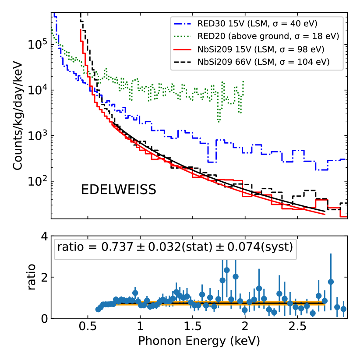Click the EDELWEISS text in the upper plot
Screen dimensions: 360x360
[119, 190]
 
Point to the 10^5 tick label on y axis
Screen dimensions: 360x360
[37, 45]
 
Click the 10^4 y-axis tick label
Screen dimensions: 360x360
[37, 91]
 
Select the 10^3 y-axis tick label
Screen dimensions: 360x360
[37, 136]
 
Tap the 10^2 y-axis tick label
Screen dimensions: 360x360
[37, 181]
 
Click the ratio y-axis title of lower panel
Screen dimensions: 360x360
[32, 278]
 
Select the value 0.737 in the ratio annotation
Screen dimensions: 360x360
[115, 247]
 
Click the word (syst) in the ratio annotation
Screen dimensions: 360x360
[275, 247]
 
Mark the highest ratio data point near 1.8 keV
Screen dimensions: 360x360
[227, 270]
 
